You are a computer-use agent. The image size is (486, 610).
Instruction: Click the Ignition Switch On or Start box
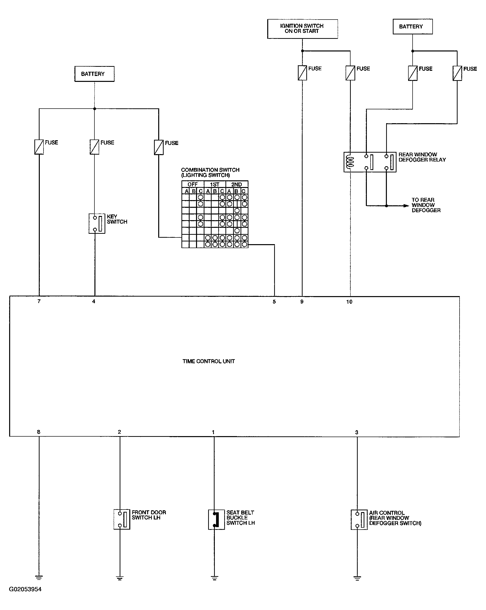click(x=302, y=29)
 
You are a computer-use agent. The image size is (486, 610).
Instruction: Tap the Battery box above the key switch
click(x=94, y=74)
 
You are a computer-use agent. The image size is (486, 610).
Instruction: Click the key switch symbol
click(x=97, y=224)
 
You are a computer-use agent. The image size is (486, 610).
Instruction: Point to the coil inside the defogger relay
click(x=350, y=162)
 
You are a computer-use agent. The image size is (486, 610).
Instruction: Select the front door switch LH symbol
click(x=122, y=519)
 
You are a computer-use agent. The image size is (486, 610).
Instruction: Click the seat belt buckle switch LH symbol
click(x=216, y=519)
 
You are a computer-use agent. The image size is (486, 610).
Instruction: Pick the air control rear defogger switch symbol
click(x=359, y=519)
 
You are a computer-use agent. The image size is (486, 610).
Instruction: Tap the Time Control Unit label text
click(x=208, y=361)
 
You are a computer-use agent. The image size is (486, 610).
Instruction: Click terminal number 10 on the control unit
click(x=349, y=302)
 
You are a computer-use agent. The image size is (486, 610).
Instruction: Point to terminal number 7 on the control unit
click(x=39, y=301)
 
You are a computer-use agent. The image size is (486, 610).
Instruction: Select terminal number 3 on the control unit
click(x=356, y=432)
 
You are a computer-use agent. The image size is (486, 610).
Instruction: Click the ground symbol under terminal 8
click(x=39, y=577)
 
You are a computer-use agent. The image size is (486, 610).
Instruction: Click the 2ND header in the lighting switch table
click(x=236, y=185)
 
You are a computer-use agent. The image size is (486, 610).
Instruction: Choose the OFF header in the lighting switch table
click(x=193, y=185)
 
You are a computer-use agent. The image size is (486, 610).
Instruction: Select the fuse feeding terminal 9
click(x=302, y=73)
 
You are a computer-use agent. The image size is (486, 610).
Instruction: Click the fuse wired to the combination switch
click(x=159, y=147)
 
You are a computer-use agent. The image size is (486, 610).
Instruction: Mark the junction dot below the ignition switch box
click(x=302, y=51)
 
